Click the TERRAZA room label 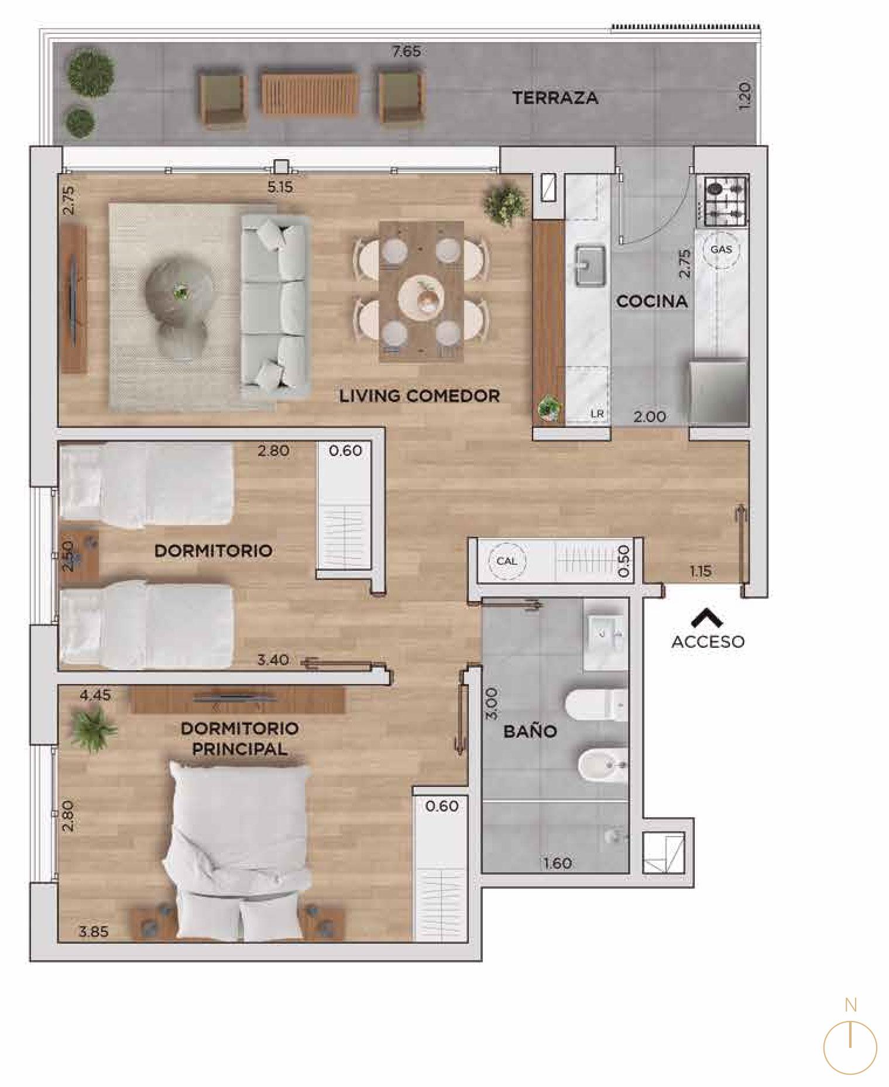555,98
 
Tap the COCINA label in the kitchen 651,302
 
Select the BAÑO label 530,731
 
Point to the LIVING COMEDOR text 420,396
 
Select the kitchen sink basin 591,267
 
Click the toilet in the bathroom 597,704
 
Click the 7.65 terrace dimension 407,51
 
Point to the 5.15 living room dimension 280,188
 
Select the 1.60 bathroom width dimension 557,863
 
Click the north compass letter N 850,1005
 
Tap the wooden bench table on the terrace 308,94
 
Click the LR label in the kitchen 597,414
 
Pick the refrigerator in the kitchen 719,391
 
